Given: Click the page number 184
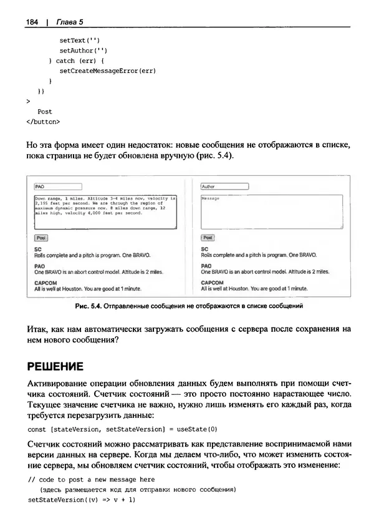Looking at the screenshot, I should click(x=32, y=22).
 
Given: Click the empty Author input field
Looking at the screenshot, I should click(x=224, y=186).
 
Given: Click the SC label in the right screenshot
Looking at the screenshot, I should click(x=204, y=248).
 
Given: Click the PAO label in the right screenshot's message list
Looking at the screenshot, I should click(x=206, y=265).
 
